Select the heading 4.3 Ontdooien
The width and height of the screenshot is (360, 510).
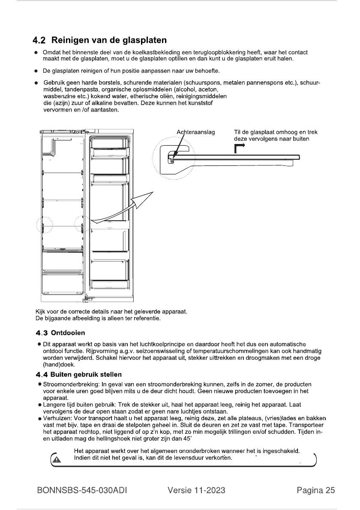63,332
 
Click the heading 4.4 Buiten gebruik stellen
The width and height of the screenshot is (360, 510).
79,375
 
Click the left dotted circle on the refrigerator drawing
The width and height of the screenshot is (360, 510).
44,225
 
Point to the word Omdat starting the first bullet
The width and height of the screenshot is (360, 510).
51,53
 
